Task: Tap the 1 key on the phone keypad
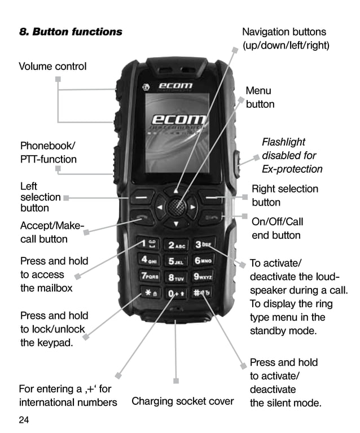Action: (x=151, y=244)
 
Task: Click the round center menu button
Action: (x=177, y=207)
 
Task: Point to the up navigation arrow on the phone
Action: (x=177, y=191)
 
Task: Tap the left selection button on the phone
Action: (x=144, y=198)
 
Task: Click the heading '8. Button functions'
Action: (x=71, y=32)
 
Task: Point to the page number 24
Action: (x=24, y=420)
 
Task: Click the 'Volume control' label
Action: (x=52, y=66)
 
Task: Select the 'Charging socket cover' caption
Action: (x=182, y=401)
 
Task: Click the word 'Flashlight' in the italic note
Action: (x=283, y=142)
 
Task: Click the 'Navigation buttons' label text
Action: (x=284, y=32)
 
